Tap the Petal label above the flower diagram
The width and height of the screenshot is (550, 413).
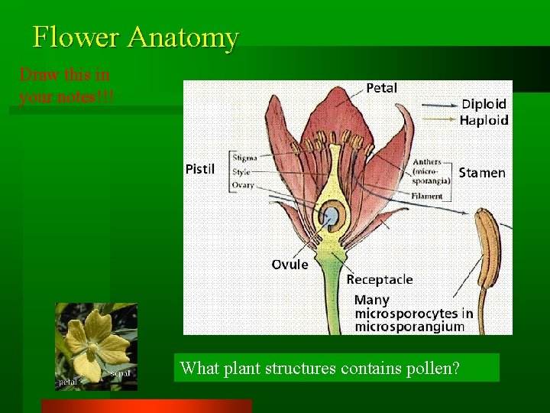click(381, 88)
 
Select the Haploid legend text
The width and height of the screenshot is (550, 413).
click(484, 120)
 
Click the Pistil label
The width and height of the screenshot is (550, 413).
click(200, 167)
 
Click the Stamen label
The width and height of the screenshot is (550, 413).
click(482, 173)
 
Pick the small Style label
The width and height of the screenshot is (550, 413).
click(241, 172)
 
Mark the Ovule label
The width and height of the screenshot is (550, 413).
click(290, 265)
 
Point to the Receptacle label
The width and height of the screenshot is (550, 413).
click(380, 279)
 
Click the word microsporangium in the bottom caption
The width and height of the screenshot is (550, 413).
click(409, 327)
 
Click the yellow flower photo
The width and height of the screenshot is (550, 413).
click(95, 346)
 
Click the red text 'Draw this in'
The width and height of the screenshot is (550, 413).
click(65, 75)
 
